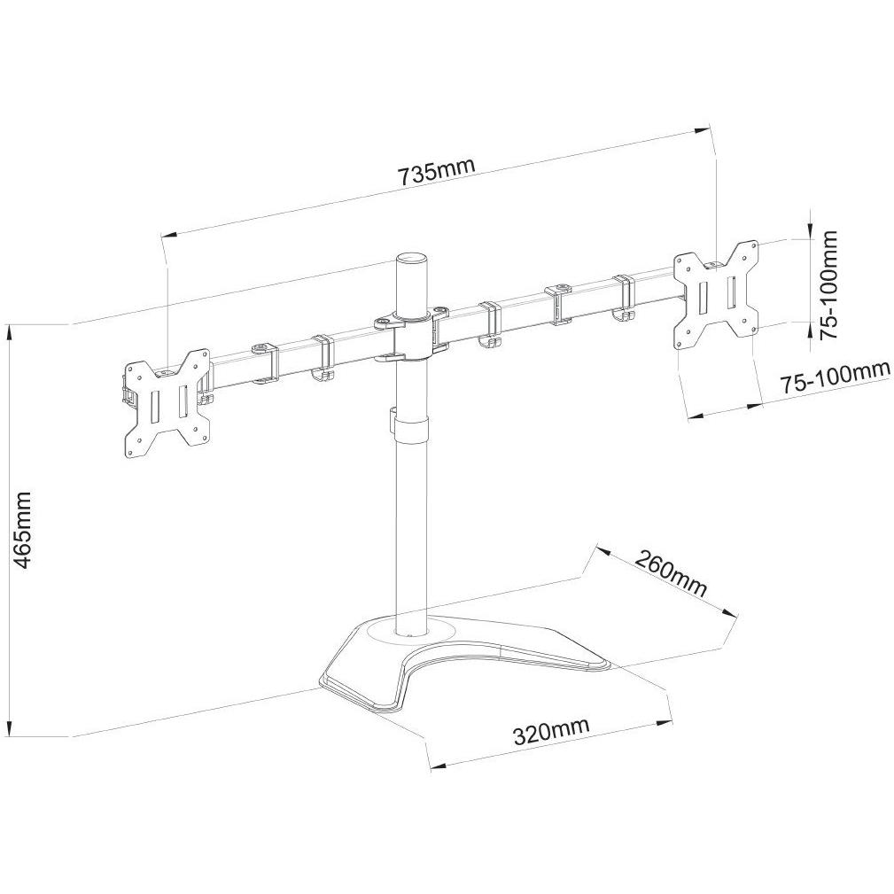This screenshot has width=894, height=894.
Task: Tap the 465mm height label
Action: [x=23, y=530]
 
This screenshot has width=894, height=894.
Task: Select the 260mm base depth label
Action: [x=671, y=572]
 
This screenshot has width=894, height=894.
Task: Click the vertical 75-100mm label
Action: [x=828, y=285]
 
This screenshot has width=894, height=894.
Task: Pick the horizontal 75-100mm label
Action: [x=834, y=377]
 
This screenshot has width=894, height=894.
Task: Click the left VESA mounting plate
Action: [x=167, y=404]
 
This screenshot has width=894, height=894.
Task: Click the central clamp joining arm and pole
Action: [x=411, y=335]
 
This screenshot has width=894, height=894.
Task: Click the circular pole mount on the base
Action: [x=411, y=631]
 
